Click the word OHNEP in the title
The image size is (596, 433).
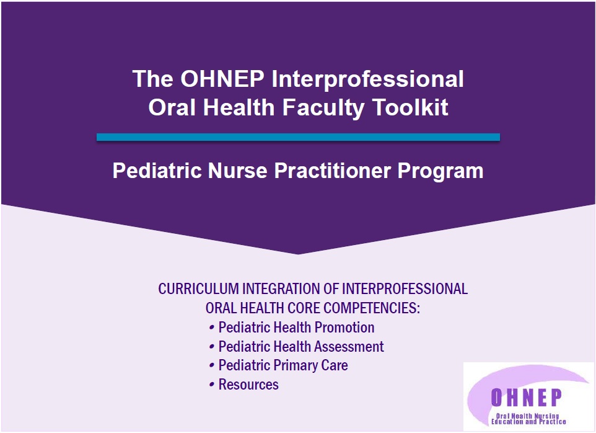tap(222, 79)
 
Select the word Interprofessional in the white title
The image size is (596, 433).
tap(367, 80)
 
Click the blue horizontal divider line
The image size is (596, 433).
tap(298, 137)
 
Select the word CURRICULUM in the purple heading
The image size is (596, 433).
tap(198, 289)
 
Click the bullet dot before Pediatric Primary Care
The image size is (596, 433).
tap(212, 365)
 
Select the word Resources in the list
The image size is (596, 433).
tap(248, 384)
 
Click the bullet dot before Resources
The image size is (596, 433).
tap(212, 385)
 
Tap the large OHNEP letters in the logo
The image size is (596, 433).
tap(527, 398)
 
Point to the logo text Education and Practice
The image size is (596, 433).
tap(528, 422)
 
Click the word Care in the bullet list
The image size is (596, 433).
tap(335, 365)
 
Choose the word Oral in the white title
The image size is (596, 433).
tap(172, 107)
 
